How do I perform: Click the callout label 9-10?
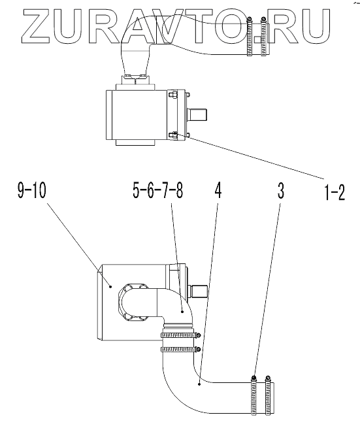pyautogui.click(x=31, y=191)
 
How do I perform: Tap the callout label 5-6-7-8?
pyautogui.click(x=158, y=191)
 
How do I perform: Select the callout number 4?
pyautogui.click(x=218, y=191)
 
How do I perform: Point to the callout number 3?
pyautogui.click(x=281, y=191)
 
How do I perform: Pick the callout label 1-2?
pyautogui.click(x=335, y=192)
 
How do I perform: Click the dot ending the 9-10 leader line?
pyautogui.click(x=110, y=287)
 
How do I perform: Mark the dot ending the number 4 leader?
pyautogui.click(x=199, y=383)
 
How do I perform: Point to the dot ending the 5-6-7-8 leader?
pyautogui.click(x=182, y=312)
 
